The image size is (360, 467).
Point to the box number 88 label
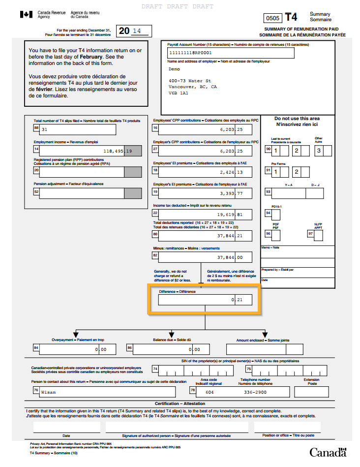[x=36, y=128]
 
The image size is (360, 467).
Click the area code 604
[x=210, y=392]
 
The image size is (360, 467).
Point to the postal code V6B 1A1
[x=178, y=93]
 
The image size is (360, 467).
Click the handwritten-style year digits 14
[x=137, y=31]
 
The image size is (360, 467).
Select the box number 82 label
[x=155, y=255]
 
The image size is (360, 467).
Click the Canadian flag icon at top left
[x=26, y=15]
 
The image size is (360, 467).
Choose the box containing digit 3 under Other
[x=319, y=151]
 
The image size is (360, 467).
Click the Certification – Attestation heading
[x=180, y=404]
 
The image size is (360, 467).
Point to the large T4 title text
[x=291, y=17]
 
